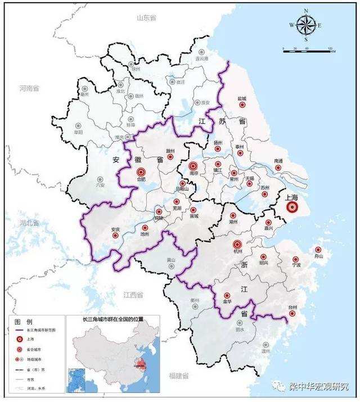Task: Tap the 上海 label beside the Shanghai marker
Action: (292, 197)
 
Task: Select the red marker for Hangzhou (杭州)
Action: (237, 245)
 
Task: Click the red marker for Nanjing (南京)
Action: (193, 166)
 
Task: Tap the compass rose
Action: (305, 25)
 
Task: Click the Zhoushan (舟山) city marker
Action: (318, 250)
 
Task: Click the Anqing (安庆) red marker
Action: (116, 236)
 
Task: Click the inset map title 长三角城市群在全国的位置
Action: (112, 319)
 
